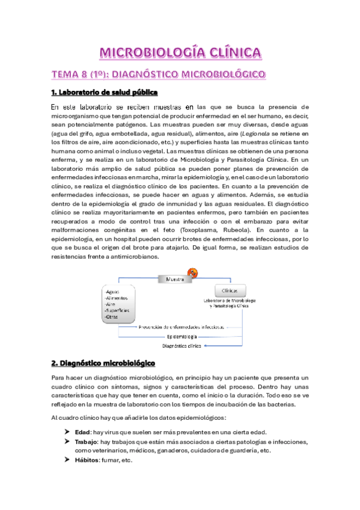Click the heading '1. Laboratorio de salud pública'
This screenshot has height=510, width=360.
(103, 92)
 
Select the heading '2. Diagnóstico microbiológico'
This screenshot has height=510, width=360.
(103, 363)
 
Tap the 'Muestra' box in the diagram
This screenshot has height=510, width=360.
(174, 278)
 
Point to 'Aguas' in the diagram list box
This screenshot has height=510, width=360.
(114, 291)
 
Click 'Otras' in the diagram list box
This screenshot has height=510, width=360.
(114, 316)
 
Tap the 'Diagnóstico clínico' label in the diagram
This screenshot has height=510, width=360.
(182, 346)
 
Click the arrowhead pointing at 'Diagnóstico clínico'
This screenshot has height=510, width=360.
(206, 346)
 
